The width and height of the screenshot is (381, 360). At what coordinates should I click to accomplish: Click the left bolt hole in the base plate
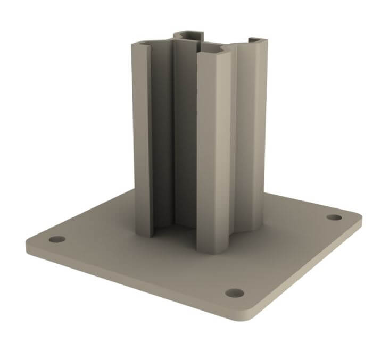57,239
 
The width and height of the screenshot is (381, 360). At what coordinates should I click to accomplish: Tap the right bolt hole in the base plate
334,217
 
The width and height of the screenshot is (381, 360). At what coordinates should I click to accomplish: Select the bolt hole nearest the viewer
234,293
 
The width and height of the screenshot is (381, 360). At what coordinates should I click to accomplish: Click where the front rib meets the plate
213,250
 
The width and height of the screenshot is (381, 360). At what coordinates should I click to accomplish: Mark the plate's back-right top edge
309,199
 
